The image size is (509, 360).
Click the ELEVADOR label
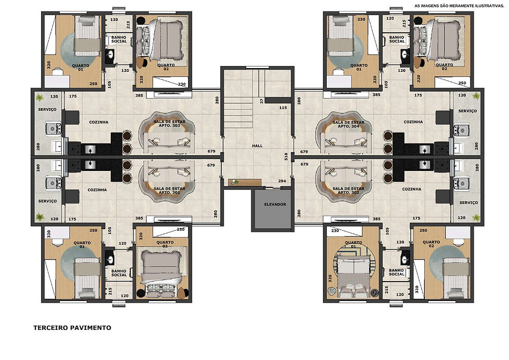(275, 205)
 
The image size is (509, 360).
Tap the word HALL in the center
(257, 146)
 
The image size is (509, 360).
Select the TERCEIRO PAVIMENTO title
(72, 328)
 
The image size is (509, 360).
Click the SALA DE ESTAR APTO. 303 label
(169, 123)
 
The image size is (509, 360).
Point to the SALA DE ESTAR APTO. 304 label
(349, 124)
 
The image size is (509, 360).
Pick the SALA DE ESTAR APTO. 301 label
(169, 190)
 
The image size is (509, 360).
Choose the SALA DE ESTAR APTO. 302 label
(349, 190)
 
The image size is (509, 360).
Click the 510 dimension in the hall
(286, 156)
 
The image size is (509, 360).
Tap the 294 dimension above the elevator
(282, 181)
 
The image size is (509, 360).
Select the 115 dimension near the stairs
(283, 108)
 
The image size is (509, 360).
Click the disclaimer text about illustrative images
(459, 6)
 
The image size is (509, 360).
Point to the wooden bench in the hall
(245, 182)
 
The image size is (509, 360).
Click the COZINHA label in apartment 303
(99, 123)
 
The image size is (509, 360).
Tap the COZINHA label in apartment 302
(411, 189)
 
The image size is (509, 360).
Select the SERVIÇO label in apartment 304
(467, 111)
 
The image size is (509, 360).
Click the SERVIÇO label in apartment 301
(47, 201)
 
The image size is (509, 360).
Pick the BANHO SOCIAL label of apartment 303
(119, 39)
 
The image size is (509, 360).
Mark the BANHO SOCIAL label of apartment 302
(396, 272)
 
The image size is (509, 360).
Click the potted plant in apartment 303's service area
(39, 97)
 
